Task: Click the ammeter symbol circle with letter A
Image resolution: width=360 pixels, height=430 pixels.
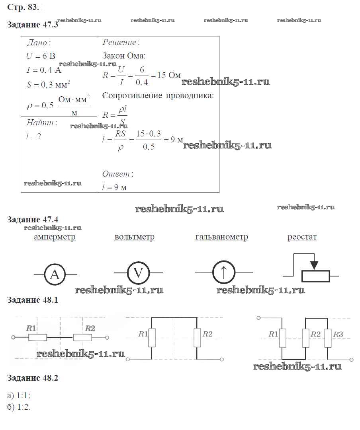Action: click(55, 274)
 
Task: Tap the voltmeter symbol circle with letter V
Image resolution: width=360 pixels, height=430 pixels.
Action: click(138, 273)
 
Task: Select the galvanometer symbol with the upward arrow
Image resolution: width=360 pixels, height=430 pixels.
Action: click(223, 273)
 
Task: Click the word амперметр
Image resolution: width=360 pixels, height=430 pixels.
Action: click(55, 237)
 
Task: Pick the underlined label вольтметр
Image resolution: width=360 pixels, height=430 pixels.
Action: click(135, 237)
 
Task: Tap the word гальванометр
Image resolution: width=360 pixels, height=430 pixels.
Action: click(221, 237)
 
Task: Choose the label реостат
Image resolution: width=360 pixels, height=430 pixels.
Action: click(302, 237)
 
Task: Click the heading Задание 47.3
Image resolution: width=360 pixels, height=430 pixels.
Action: click(33, 25)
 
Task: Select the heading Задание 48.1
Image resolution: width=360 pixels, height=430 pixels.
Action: click(33, 300)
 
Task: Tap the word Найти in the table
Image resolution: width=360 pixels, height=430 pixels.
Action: click(41, 123)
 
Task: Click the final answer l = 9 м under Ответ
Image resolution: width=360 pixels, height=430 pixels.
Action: click(115, 187)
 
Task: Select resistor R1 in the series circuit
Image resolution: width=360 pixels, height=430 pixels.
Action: click(37, 338)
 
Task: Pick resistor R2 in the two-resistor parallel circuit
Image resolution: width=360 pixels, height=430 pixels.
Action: click(197, 338)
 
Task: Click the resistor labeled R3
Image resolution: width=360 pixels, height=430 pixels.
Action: click(328, 338)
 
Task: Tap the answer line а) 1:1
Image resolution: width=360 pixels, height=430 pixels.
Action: click(19, 395)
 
